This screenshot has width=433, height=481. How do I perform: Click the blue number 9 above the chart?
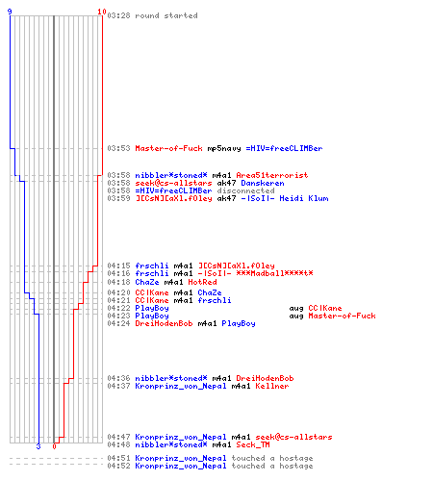point(10,12)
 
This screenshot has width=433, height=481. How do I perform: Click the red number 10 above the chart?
point(102,12)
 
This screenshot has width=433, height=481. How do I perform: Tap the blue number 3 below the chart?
point(38,446)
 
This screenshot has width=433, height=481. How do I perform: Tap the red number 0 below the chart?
point(54,446)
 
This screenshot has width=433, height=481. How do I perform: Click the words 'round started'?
point(166,15)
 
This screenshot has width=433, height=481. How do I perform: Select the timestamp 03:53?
point(118,148)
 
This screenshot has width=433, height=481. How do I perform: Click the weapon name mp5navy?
point(224,148)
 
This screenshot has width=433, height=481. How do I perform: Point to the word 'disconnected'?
point(245,190)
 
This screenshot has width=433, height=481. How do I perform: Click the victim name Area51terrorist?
point(272,175)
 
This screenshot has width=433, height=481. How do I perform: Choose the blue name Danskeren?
point(263,183)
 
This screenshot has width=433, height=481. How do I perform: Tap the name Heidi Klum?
point(304,198)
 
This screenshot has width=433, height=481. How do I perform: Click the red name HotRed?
point(202,282)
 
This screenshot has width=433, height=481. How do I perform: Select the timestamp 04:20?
point(118,292)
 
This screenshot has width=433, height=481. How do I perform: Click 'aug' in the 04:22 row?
point(296,309)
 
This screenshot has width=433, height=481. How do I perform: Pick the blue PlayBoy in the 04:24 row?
point(239,323)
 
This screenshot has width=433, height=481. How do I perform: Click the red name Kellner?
point(272,386)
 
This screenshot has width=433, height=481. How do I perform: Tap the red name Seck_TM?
point(253,444)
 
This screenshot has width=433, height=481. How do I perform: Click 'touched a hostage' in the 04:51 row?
point(272,458)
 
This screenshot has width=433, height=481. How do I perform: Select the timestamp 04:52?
point(118,466)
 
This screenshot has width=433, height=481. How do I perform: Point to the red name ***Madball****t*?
point(274,273)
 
